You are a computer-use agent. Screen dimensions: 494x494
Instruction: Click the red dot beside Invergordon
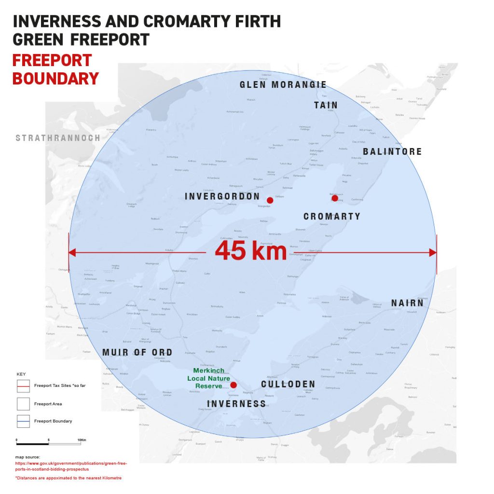click(x=270, y=200)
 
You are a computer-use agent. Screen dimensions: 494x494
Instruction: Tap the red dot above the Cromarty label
click(x=335, y=198)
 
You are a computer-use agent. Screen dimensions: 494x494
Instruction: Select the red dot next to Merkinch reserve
click(x=233, y=385)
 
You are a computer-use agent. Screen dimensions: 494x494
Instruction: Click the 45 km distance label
click(x=250, y=251)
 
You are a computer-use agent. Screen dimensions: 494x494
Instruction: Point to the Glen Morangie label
click(x=283, y=85)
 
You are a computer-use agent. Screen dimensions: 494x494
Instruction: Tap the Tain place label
click(x=326, y=105)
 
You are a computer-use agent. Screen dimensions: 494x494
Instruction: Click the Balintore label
click(x=392, y=151)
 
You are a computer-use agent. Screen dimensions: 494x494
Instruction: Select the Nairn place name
click(x=407, y=303)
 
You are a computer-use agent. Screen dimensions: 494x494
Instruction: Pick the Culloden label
click(x=288, y=384)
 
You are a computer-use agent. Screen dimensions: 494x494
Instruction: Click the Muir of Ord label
click(x=137, y=353)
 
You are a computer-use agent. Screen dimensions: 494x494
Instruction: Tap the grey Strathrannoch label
click(x=58, y=138)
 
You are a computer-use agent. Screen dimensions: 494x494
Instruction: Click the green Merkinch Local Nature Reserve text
click(x=208, y=378)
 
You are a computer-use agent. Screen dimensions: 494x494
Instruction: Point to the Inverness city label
click(x=236, y=404)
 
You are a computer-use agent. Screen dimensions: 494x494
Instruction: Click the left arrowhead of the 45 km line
click(x=71, y=252)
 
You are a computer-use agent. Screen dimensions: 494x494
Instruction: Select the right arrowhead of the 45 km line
click(x=434, y=252)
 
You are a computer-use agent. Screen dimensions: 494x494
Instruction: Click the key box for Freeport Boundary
click(x=23, y=421)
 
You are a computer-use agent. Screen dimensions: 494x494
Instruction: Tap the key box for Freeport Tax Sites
click(x=23, y=386)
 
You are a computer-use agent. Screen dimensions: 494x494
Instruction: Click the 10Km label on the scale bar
click(x=82, y=440)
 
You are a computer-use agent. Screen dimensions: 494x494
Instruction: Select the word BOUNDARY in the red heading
click(x=55, y=78)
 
